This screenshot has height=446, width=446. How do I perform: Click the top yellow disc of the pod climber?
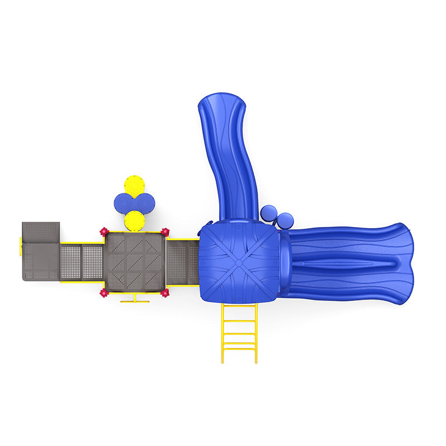pyautogui.click(x=134, y=185)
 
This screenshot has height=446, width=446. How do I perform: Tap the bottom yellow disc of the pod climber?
pyautogui.click(x=134, y=220)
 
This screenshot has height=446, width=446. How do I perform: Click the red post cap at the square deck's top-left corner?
pyautogui.click(x=103, y=231)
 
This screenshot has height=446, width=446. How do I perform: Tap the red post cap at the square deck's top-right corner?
pyautogui.click(x=165, y=231)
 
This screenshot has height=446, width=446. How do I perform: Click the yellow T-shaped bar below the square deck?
pyautogui.click(x=135, y=300)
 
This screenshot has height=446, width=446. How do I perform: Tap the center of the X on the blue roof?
pyautogui.click(x=238, y=260)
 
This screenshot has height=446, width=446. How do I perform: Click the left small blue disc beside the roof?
pyautogui.click(x=269, y=213)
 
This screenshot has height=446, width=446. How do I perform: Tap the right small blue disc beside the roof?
pyautogui.click(x=285, y=220)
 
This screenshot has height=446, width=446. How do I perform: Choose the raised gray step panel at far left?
pyautogui.click(x=41, y=231)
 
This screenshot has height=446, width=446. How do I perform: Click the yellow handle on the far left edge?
pyautogui.click(x=21, y=246)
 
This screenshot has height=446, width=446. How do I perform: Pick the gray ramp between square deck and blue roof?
pyautogui.click(x=182, y=262)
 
